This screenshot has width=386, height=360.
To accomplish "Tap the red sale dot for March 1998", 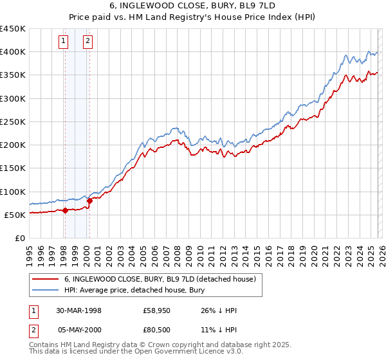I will tap(66, 210).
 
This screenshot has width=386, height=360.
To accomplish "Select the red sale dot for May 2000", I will tap(89, 201).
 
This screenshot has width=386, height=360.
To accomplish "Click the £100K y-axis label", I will tap(13, 192).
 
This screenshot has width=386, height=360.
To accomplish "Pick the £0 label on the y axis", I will tap(19, 238).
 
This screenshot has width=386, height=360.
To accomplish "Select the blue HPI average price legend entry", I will tap(134, 290).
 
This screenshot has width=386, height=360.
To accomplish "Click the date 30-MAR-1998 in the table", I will tap(78, 310).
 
